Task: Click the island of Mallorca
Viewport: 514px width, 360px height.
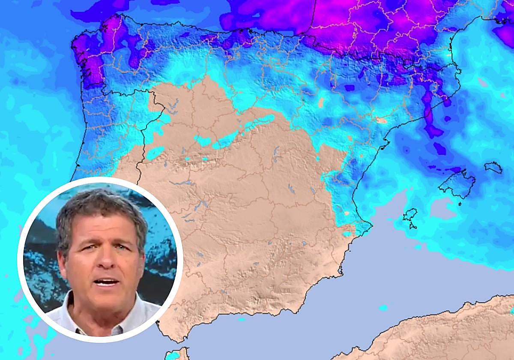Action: point(456,182)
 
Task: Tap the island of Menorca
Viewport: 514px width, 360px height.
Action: point(493,167)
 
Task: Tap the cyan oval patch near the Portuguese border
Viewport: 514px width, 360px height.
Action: point(155,153)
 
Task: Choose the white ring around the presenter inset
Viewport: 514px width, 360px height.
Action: point(101,178)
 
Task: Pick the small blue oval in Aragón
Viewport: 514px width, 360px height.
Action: point(321,102)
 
